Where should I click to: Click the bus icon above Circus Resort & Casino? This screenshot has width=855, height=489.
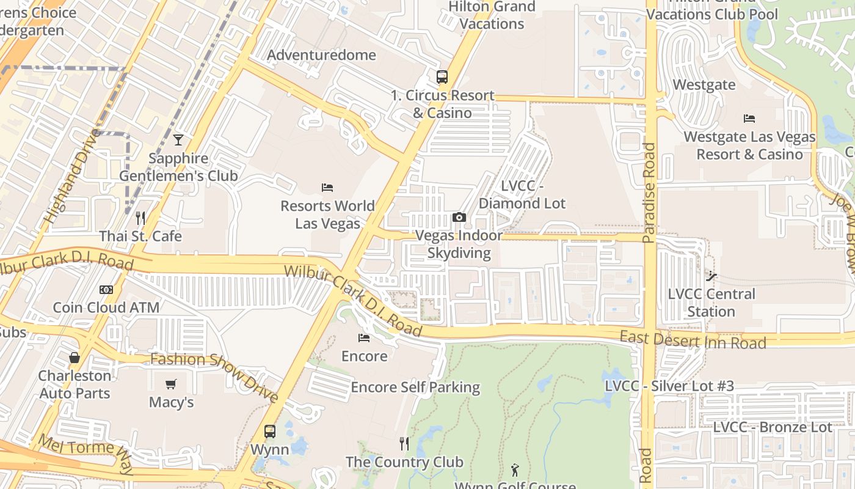(442, 77)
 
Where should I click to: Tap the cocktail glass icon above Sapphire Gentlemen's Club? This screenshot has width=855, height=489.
(178, 140)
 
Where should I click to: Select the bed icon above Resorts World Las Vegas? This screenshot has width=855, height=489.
(327, 187)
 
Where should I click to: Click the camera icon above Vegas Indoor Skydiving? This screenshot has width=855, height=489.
(459, 217)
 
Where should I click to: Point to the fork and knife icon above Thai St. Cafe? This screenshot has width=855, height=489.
(140, 218)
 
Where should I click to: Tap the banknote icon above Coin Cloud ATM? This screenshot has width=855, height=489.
(106, 289)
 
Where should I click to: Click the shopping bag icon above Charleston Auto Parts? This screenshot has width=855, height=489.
(75, 358)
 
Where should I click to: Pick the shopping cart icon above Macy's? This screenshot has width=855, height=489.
(171, 384)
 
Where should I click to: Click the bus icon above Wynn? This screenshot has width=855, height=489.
(270, 431)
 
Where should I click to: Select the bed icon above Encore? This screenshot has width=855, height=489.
(364, 337)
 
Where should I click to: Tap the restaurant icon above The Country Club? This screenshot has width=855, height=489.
(404, 443)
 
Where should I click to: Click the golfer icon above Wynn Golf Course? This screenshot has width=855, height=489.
(515, 470)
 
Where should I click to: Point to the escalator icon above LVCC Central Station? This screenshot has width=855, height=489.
(711, 276)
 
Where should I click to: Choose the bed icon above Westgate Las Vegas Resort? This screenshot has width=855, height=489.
(749, 119)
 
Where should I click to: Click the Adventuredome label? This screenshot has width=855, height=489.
(321, 55)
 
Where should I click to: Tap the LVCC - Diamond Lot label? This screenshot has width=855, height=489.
(522, 194)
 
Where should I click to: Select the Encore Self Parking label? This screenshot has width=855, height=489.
(415, 387)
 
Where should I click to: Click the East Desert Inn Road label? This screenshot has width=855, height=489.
(693, 340)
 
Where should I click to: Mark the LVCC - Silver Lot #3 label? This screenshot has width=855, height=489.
(669, 386)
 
